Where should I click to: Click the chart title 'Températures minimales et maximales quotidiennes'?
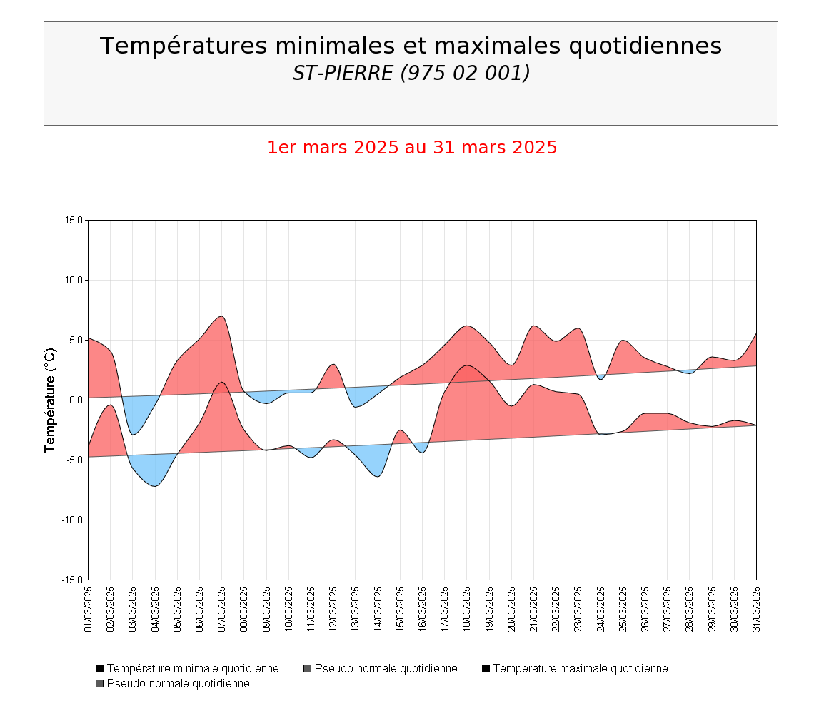pyautogui.click(x=411, y=46)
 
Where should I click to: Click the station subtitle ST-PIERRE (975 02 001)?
pyautogui.click(x=411, y=73)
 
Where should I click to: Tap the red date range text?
pyautogui.click(x=411, y=148)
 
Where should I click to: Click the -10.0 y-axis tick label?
pyautogui.click(x=73, y=520)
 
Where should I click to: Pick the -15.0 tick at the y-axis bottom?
pyautogui.click(x=73, y=580)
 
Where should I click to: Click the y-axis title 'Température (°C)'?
pyautogui.click(x=50, y=400)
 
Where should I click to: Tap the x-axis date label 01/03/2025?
pyautogui.click(x=89, y=609)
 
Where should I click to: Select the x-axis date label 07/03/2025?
pyautogui.click(x=222, y=609)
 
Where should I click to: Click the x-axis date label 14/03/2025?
pyautogui.click(x=378, y=609)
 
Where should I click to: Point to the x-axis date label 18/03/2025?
pyautogui.click(x=467, y=609)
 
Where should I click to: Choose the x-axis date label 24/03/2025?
pyautogui.click(x=601, y=609)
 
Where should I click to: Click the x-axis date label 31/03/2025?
pyautogui.click(x=756, y=609)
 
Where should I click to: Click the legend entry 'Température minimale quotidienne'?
pyautogui.click(x=192, y=669)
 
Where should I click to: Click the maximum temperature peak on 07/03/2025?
pyautogui.click(x=221, y=316)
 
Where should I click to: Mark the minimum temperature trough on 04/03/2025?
pyautogui.click(x=155, y=486)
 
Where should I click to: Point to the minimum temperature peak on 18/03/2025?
pyautogui.click(x=467, y=365)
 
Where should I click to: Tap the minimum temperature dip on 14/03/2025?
pyautogui.click(x=377, y=476)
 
